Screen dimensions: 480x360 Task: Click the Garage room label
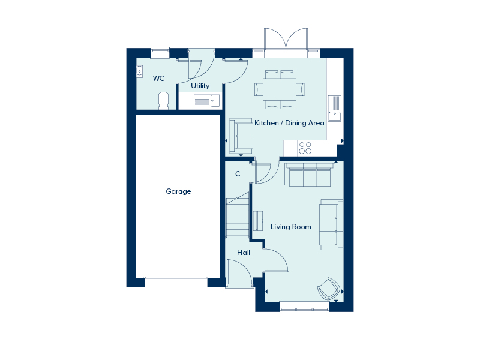tap(178, 191)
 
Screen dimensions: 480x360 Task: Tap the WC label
tap(158, 79)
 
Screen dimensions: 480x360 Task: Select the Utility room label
tap(200, 86)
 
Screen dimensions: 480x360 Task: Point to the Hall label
tap(244, 252)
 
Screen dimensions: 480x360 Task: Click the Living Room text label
tap(291, 227)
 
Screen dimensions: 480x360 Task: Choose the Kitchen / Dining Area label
tap(289, 123)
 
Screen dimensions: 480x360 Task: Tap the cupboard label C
tap(238, 174)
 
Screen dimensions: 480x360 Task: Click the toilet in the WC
tap(163, 101)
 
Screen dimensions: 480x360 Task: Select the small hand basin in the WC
tap(139, 71)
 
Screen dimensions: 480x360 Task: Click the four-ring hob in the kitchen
tap(305, 148)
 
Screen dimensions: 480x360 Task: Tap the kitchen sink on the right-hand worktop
tap(335, 109)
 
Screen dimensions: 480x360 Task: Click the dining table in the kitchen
tap(280, 89)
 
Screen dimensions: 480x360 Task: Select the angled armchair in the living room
tap(329, 289)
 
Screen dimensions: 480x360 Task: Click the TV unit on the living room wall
tap(258, 221)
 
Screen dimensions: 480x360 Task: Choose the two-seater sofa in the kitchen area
tap(241, 136)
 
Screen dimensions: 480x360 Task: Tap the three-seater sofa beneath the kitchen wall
tap(309, 175)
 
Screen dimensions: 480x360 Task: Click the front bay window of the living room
tap(304, 307)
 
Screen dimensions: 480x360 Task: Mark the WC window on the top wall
tap(160, 52)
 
